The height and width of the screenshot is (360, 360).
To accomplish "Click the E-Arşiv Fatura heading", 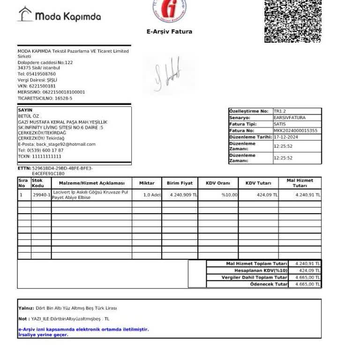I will tap(169, 32).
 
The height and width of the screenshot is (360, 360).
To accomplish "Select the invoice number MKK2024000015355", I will tap(295, 131).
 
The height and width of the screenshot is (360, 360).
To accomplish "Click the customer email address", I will tap(66, 144).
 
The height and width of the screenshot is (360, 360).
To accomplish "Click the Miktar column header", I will tap(147, 183).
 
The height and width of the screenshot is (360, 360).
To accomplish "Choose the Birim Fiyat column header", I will tap(180, 183).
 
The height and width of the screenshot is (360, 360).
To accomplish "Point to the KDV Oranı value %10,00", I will tap(230, 195).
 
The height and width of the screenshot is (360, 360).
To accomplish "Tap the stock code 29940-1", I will tap(41, 195).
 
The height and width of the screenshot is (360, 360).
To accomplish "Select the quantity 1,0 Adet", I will tap(152, 195).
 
